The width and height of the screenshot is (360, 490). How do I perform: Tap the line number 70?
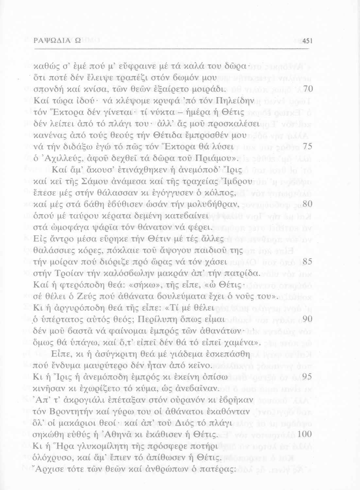tap(308, 89)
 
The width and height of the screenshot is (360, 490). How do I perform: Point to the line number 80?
tap(308, 204)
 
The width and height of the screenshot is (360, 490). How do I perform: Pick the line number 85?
tap(308, 261)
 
